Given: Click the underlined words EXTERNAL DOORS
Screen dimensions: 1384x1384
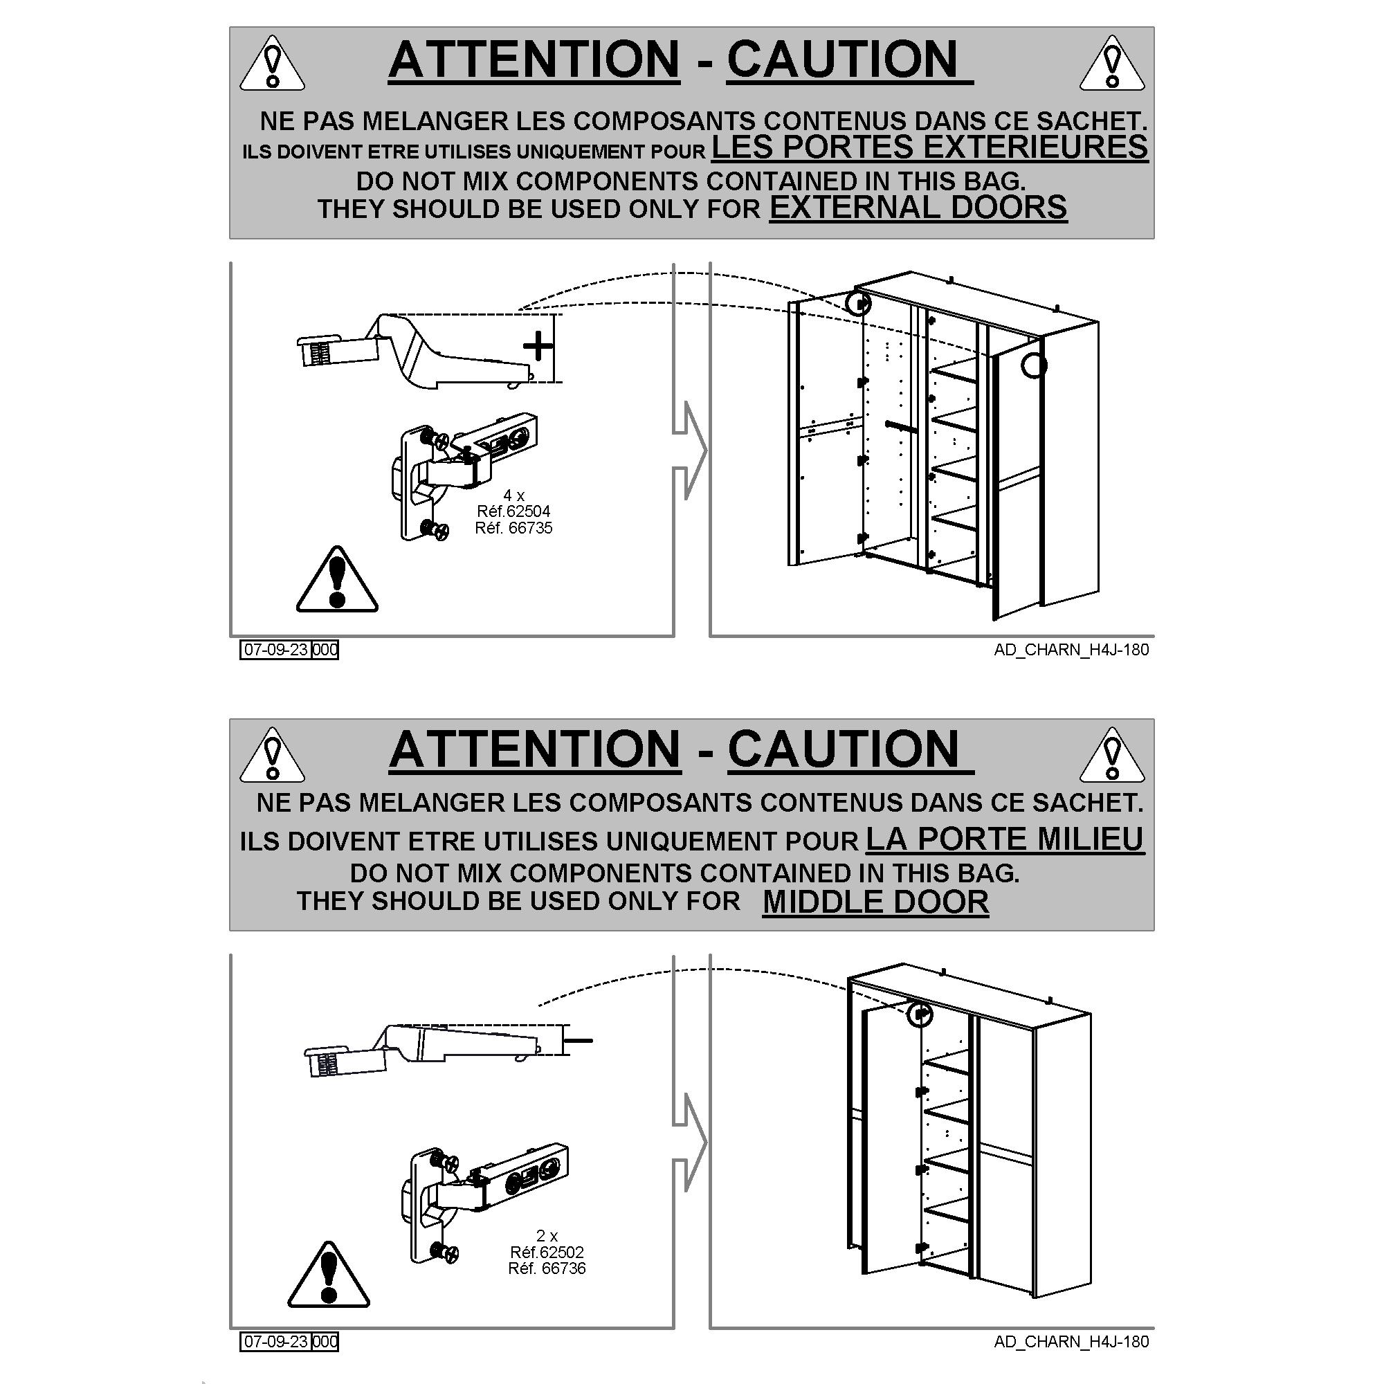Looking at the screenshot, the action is click(x=918, y=207).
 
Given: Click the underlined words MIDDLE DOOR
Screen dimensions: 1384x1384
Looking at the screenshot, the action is click(x=875, y=901).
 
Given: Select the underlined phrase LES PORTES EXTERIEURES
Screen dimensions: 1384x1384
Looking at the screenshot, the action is click(x=929, y=147).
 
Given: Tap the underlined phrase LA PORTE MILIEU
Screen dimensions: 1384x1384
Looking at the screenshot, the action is click(x=1005, y=839).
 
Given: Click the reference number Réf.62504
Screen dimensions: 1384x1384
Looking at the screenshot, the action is click(x=513, y=511).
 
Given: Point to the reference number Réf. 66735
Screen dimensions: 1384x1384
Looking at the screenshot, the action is click(x=513, y=528).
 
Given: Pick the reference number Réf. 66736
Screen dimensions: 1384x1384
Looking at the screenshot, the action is click(x=547, y=1268).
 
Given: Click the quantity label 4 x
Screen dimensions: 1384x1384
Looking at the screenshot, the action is click(x=513, y=495).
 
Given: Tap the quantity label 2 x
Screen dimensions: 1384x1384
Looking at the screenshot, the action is click(x=547, y=1236).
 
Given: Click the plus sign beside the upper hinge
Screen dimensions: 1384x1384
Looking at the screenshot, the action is click(x=538, y=347).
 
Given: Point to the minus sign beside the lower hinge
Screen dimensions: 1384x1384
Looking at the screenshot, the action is click(x=579, y=1039).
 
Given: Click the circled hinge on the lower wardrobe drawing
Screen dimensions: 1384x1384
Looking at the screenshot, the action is click(x=920, y=1014).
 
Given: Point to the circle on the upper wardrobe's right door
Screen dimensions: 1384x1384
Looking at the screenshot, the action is click(x=1034, y=365).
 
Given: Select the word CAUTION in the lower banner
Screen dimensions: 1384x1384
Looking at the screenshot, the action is click(x=843, y=749).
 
